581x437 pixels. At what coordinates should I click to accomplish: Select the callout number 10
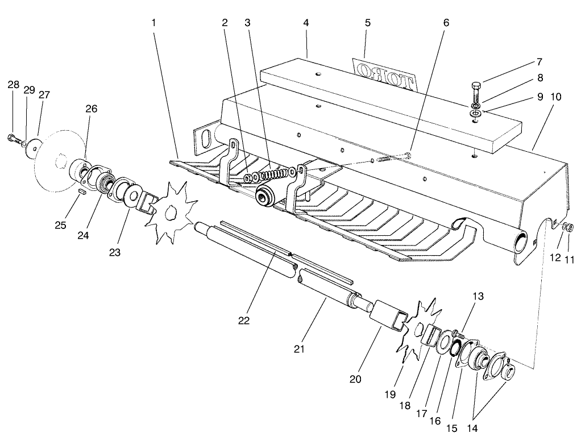(x=555, y=97)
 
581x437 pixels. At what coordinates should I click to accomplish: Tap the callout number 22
(x=244, y=321)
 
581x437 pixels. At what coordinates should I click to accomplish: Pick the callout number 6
(x=446, y=23)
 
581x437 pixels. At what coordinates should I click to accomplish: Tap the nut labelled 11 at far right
(x=568, y=228)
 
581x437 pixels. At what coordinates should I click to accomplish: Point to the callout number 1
(x=153, y=23)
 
